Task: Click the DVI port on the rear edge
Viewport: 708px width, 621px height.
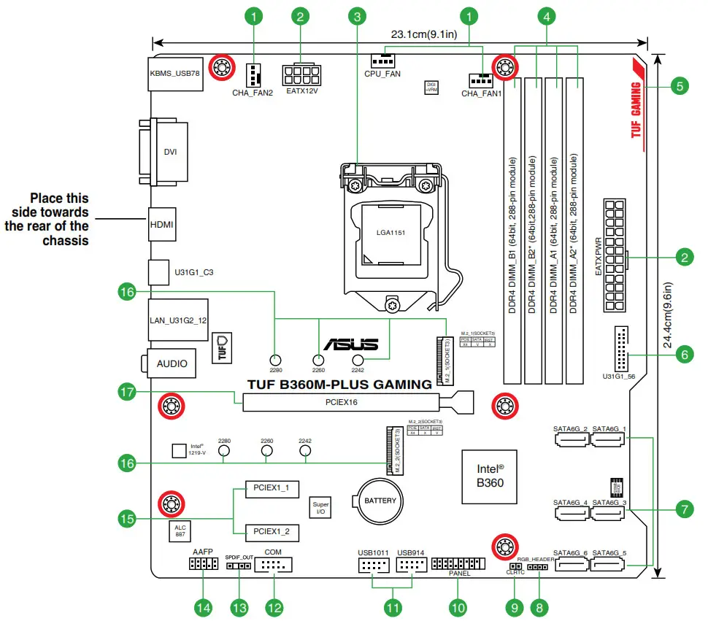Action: pyautogui.click(x=170, y=153)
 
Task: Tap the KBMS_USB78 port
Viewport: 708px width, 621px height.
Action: pyautogui.click(x=174, y=73)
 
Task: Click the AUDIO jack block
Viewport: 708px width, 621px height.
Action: pyautogui.click(x=172, y=363)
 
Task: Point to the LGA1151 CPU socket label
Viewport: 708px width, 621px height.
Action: pyautogui.click(x=390, y=232)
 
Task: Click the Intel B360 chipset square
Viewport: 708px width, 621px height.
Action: pyautogui.click(x=490, y=477)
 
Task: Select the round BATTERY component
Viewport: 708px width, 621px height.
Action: pyautogui.click(x=380, y=501)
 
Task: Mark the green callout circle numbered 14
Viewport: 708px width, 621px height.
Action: pyautogui.click(x=203, y=607)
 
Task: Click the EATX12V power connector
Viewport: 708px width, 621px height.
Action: pyautogui.click(x=301, y=74)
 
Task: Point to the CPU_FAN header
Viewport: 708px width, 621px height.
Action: pyautogui.click(x=383, y=61)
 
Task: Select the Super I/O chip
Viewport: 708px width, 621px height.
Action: pyautogui.click(x=321, y=508)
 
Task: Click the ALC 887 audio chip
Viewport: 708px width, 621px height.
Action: pyautogui.click(x=180, y=531)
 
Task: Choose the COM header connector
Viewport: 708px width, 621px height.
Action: pyautogui.click(x=273, y=566)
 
